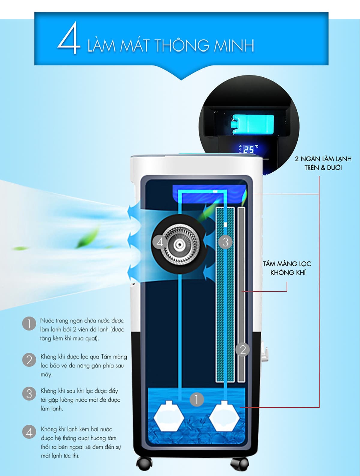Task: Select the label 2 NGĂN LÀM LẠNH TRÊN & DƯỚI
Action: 323,163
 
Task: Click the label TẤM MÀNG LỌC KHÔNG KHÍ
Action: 287,268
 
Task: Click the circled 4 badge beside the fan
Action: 160,242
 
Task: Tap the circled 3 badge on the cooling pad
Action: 226,242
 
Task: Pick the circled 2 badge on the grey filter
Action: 243,350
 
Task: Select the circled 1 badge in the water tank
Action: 196,399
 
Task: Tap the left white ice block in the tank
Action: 168,416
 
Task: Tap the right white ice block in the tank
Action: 225,416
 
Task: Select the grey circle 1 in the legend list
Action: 29,324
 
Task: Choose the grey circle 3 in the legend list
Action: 29,394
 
